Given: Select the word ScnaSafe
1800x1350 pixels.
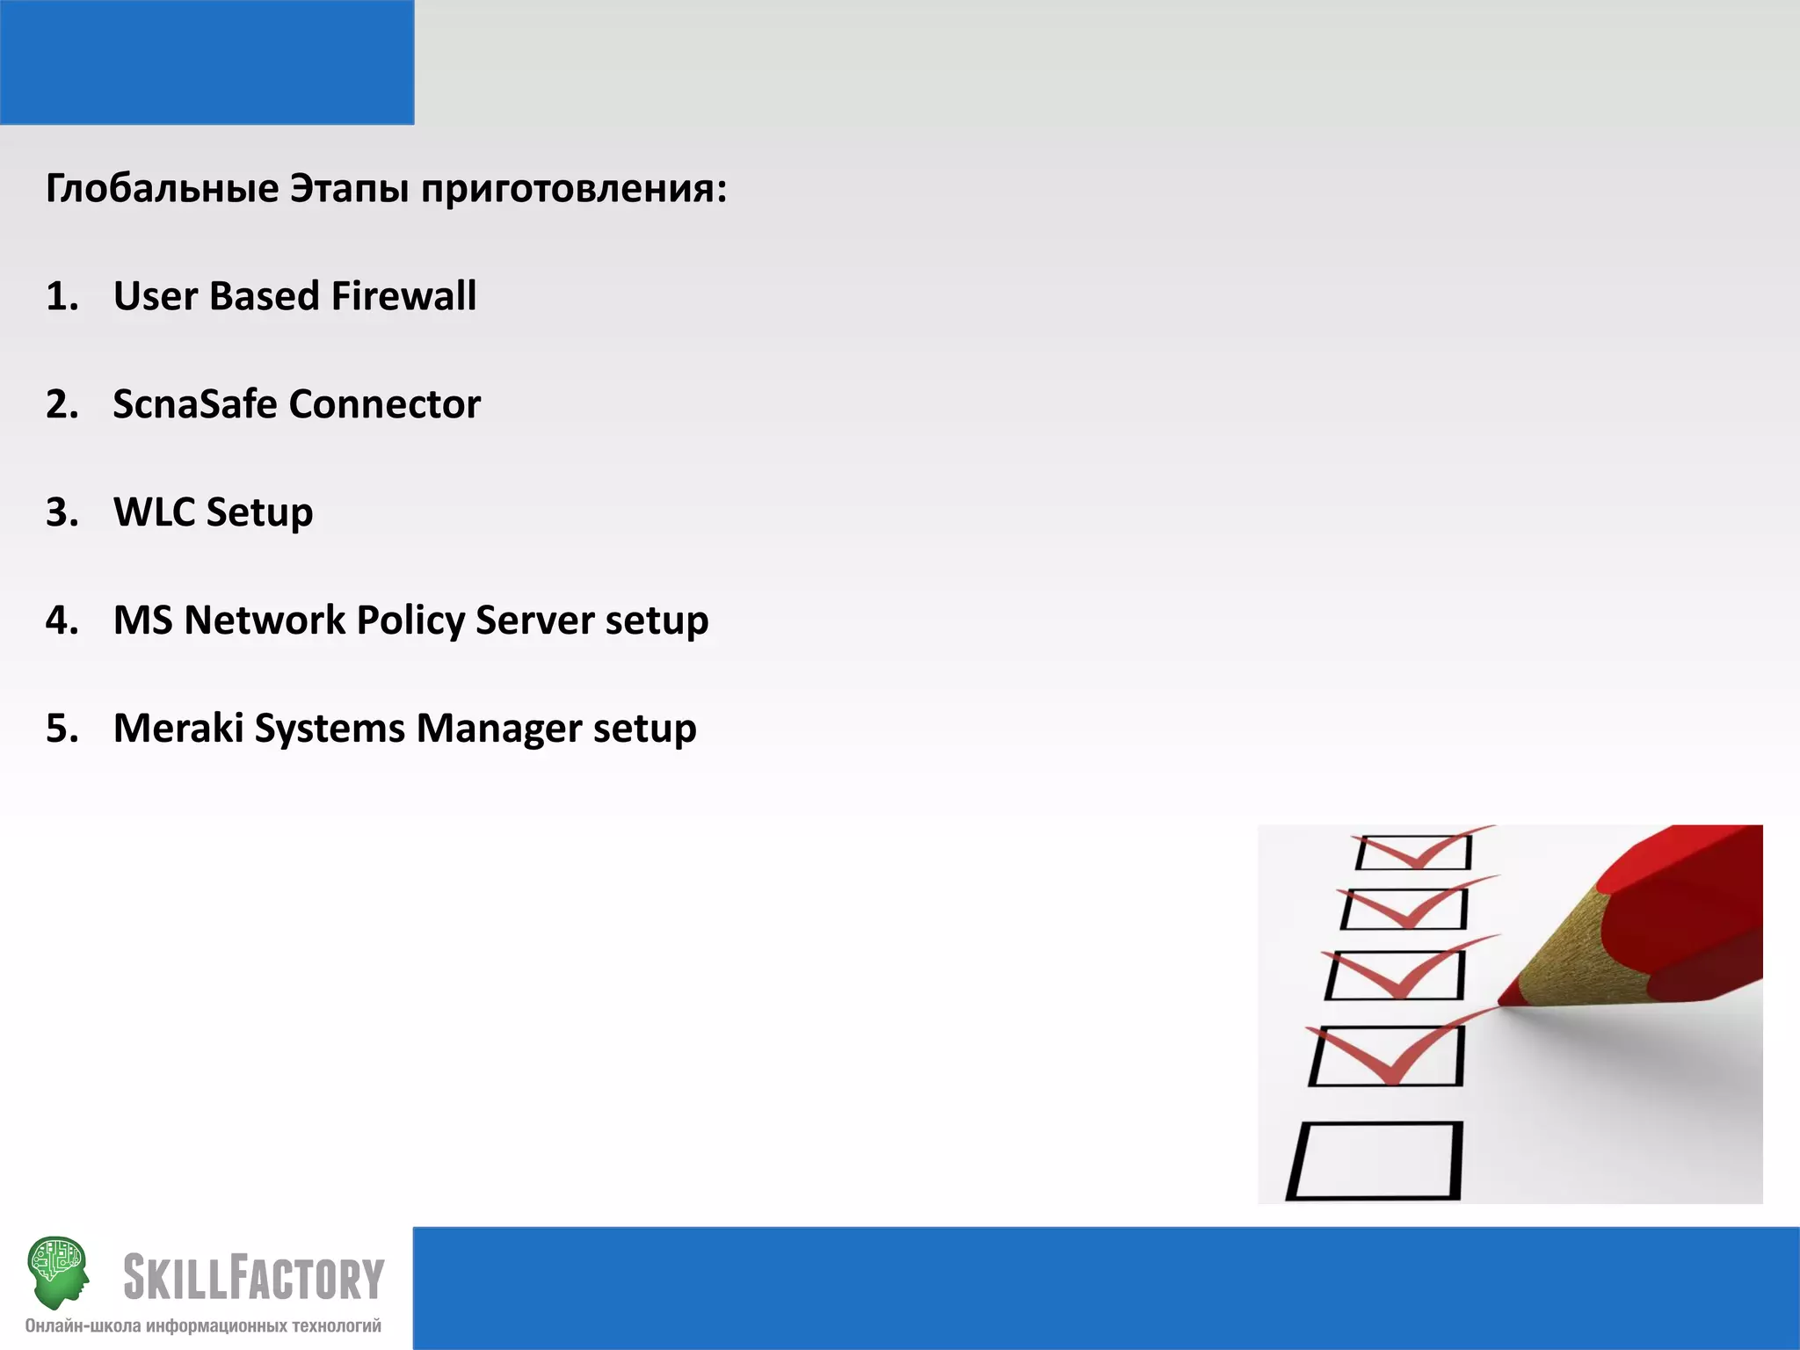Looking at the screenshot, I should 194,404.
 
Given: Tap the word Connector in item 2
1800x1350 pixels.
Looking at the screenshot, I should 384,404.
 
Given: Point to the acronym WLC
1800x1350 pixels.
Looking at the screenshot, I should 153,512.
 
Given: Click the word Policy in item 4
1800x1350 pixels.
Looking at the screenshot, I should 410,621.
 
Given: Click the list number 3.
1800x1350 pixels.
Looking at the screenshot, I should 62,512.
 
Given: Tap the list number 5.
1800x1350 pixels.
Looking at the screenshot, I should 62,729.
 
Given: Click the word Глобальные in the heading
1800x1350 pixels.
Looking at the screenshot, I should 163,189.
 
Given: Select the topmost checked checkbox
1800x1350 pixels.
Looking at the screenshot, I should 1413,852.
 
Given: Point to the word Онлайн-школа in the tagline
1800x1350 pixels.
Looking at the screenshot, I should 83,1326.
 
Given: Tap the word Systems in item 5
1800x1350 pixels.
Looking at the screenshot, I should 330,729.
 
